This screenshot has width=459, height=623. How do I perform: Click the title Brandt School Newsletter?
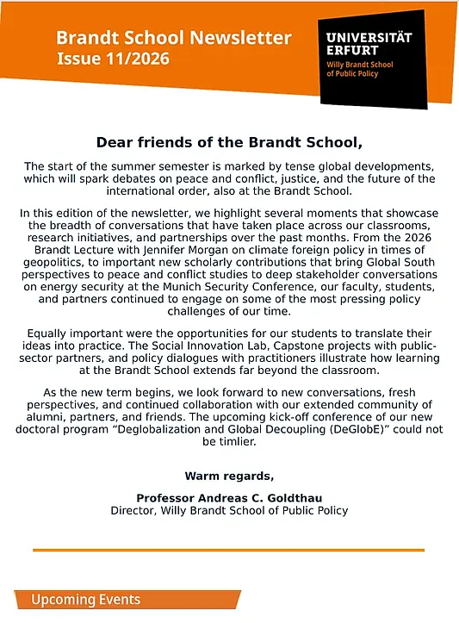click(173, 38)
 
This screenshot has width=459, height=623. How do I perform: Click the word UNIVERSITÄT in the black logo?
click(369, 37)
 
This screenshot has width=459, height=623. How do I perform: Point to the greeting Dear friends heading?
click(229, 141)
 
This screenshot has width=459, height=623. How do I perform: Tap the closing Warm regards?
click(229, 476)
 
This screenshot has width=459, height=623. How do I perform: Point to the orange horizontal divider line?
click(229, 550)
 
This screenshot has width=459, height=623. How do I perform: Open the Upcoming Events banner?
click(86, 600)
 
